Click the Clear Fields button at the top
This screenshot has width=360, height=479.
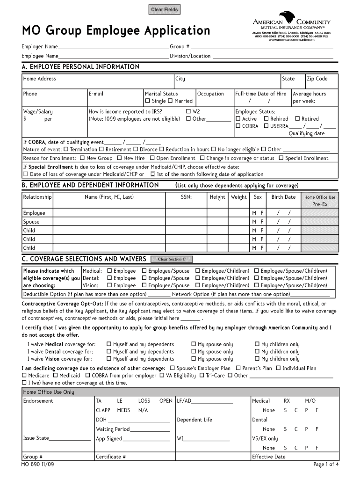tap(164, 10)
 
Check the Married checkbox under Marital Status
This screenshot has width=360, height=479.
tap(171, 101)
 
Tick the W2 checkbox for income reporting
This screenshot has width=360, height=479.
tap(188, 111)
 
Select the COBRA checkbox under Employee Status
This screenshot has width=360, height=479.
tap(238, 126)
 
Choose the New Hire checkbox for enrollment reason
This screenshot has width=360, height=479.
tap(119, 158)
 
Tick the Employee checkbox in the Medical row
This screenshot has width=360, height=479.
tap(109, 271)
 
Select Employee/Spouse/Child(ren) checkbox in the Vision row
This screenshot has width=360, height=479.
tap(257, 285)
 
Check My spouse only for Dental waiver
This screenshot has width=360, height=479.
tap(194, 352)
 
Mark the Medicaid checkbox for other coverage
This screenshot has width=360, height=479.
tap(55, 375)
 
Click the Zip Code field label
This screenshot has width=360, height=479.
tap(317, 79)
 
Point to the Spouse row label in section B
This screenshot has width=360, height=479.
tap(31, 222)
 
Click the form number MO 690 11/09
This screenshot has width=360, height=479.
tap(37, 464)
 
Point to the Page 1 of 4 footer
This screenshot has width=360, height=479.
tap(326, 464)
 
